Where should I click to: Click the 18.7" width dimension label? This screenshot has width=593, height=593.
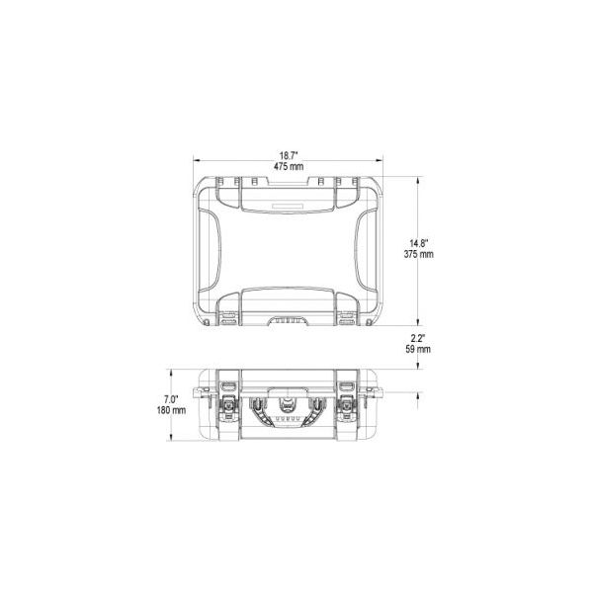tap(289, 155)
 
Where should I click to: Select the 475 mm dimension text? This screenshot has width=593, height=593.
tap(289, 166)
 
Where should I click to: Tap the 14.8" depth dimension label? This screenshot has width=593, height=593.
tap(419, 243)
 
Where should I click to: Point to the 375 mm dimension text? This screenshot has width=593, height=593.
tap(418, 254)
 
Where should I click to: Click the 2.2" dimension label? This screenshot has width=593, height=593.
tap(418, 338)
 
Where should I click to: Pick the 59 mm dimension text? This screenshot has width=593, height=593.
tap(418, 349)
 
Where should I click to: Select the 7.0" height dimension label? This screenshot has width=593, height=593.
tap(171, 399)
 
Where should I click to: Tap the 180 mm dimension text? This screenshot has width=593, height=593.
tap(171, 410)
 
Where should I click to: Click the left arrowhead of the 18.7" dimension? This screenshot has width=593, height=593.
tap(197, 160)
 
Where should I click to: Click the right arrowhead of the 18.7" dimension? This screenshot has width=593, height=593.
tap(380, 160)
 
